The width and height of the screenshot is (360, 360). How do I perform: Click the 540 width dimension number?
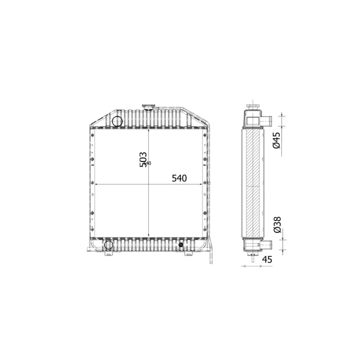(x=179, y=178)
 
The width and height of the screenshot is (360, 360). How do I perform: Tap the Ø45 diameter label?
(x=276, y=140)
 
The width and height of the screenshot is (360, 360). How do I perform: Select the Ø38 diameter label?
(x=276, y=224)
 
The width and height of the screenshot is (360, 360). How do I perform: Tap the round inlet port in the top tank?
(x=117, y=120)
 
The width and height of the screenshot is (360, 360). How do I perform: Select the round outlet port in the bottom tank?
(x=108, y=245)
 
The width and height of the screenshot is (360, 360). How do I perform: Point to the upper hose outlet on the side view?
(x=266, y=121)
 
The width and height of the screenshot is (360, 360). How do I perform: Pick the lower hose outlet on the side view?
(x=266, y=245)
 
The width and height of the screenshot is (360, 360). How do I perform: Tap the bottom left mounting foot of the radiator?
(x=108, y=255)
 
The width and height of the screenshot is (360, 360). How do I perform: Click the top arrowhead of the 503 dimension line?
(x=149, y=130)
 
